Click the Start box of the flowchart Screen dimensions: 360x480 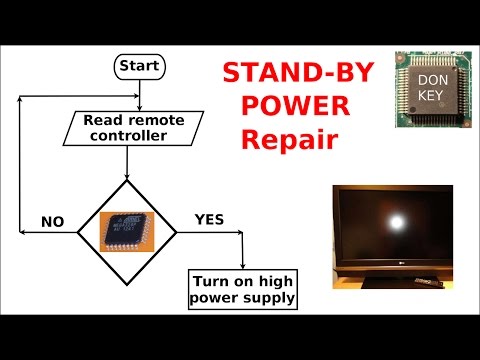[x=139, y=67]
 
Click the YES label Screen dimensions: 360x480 [x=209, y=217]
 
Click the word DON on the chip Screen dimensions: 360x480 [x=431, y=78]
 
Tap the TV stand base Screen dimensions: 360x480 [x=385, y=282]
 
